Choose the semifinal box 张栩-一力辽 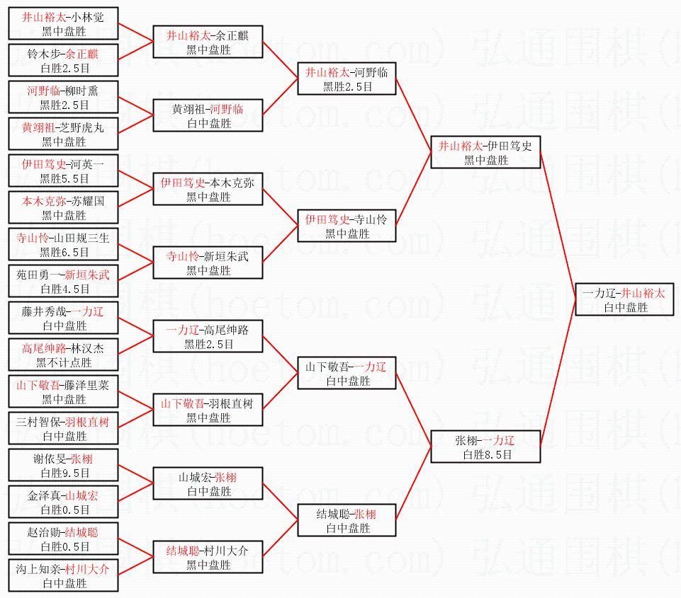point(486,447)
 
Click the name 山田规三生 point(86,238)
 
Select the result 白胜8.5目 point(486,454)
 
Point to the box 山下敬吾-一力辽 point(347,374)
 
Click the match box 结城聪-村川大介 point(208,558)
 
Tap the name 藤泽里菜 point(85,385)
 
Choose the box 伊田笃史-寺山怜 point(347,226)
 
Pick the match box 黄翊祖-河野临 point(208,116)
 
